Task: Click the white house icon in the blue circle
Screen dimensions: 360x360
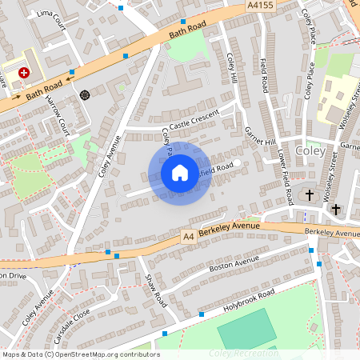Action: pos(180,173)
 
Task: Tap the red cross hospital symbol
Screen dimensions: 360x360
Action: pos(24,72)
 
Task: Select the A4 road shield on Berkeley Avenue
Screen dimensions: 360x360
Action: pos(188,237)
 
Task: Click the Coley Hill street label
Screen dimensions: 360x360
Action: pos(233,70)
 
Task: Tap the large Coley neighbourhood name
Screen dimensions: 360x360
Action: pos(310,150)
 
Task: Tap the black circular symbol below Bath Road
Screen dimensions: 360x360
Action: pos(85,94)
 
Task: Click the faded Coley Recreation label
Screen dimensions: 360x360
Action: pos(243,353)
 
